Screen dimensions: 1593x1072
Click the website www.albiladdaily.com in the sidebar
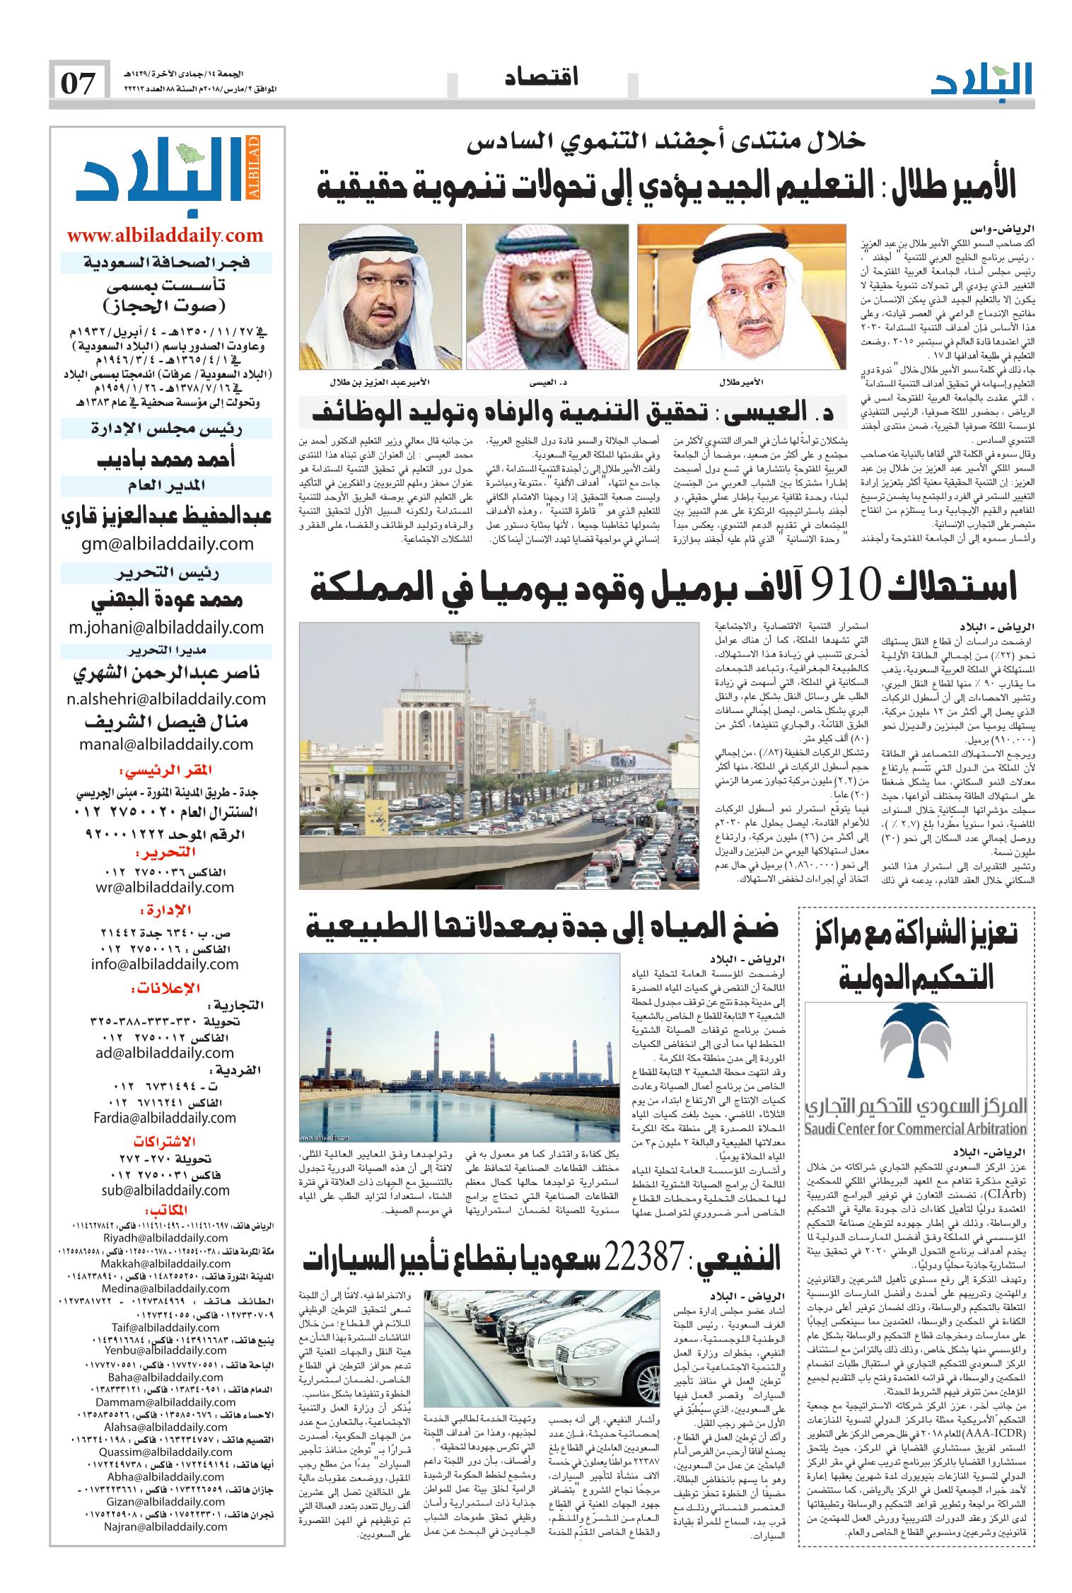pyautogui.click(x=165, y=236)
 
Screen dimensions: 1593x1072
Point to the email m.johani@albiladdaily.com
pyautogui.click(x=166, y=627)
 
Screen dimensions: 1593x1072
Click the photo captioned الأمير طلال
pyautogui.click(x=741, y=297)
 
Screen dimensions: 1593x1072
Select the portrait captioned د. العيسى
pyautogui.click(x=549, y=297)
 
